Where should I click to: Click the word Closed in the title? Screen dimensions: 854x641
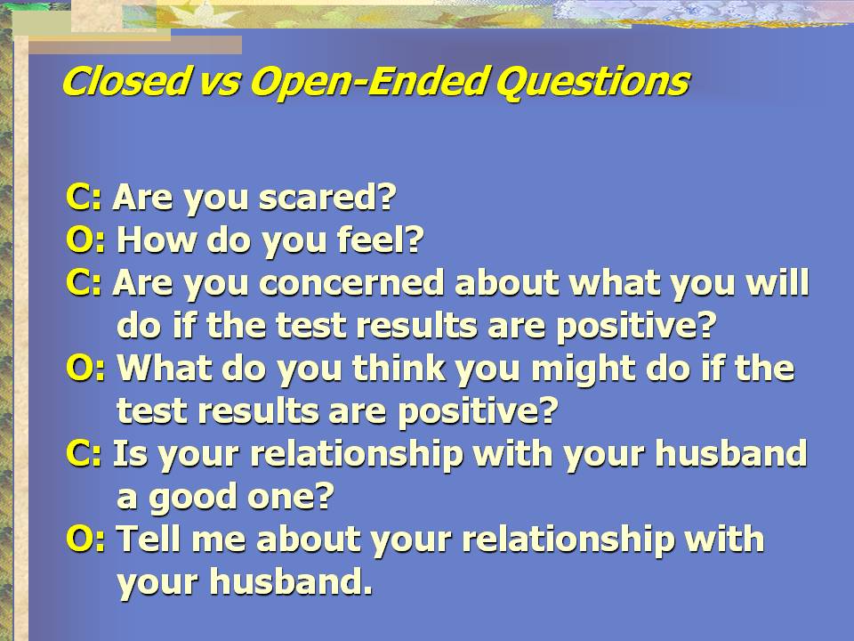click(125, 81)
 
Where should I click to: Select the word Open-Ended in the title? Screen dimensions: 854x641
click(367, 83)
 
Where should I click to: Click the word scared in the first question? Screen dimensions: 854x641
click(326, 197)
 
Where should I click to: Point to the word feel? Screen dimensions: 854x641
click(380, 239)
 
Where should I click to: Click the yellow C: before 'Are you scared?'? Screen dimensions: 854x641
click(84, 197)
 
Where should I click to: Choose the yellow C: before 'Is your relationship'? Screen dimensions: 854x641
click(84, 453)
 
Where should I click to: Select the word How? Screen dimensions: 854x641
click(157, 239)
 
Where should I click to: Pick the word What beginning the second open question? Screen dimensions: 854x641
click(165, 368)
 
